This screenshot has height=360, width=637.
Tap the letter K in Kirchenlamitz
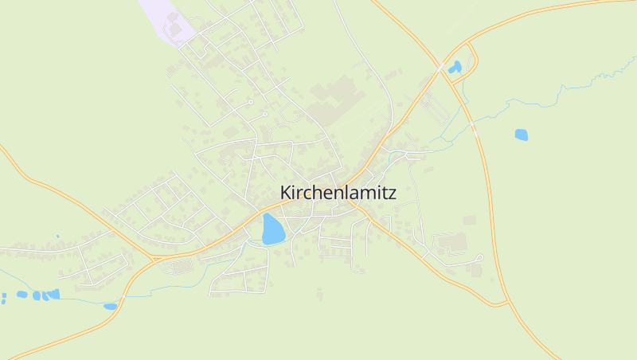click(x=286, y=193)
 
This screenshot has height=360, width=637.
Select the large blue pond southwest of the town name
click(x=272, y=229)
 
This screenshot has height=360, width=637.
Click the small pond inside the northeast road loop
click(x=455, y=68)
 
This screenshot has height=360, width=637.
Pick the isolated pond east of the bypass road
click(x=521, y=135)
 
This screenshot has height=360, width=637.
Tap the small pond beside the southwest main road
click(x=110, y=306)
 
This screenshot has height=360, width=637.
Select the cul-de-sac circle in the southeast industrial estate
click(x=480, y=257)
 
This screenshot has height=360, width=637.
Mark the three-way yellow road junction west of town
click(x=154, y=258)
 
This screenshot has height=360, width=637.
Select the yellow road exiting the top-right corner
click(x=557, y=10)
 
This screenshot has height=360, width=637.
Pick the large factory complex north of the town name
click(x=330, y=100)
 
